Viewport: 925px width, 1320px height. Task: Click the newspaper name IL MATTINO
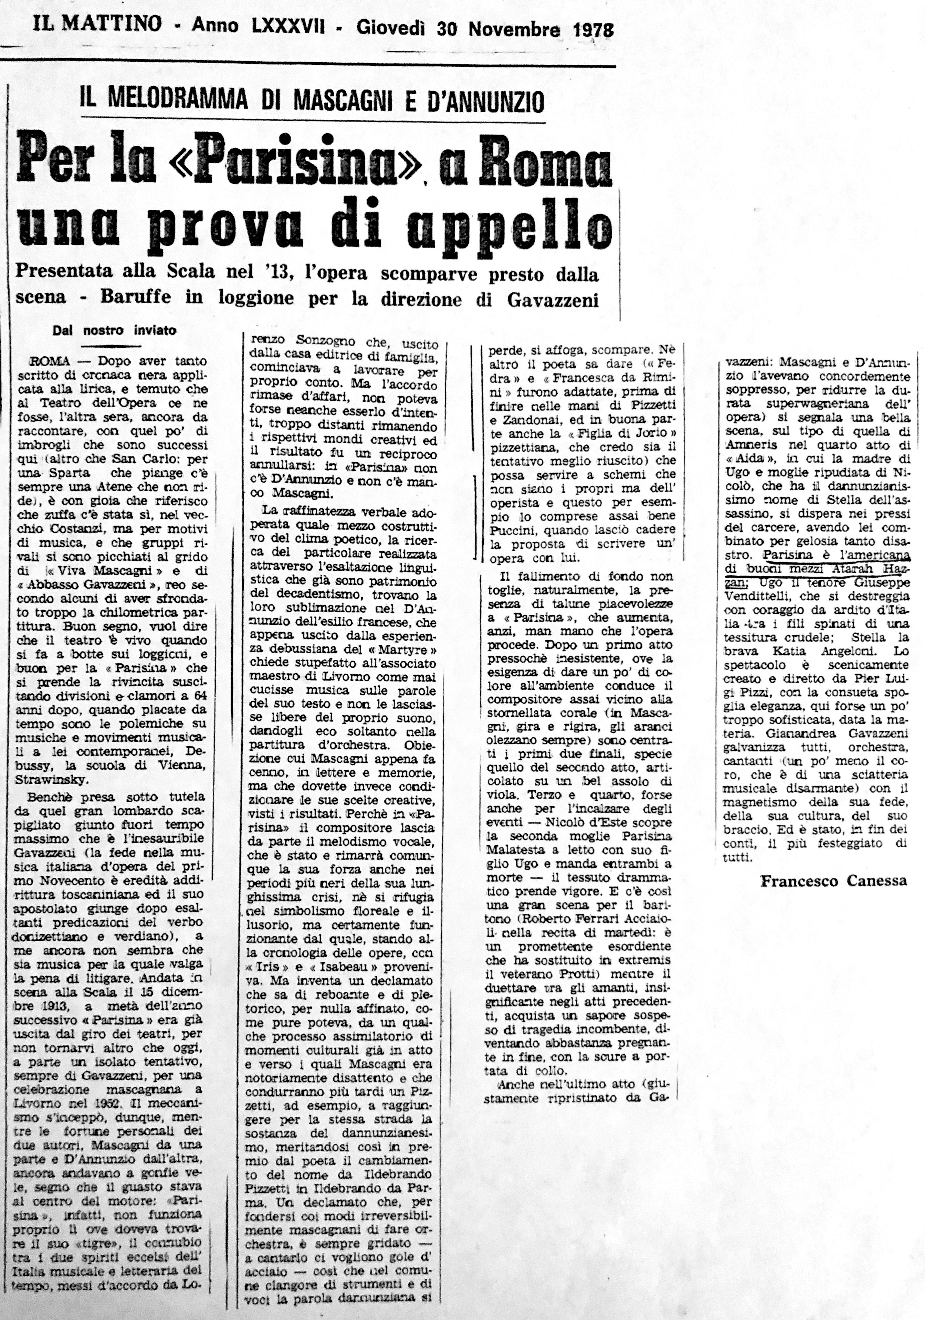[x=97, y=24]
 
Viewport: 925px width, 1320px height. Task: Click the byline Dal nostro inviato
[x=114, y=330]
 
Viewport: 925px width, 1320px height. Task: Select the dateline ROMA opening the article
[x=50, y=361]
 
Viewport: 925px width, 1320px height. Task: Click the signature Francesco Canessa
[x=833, y=881]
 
